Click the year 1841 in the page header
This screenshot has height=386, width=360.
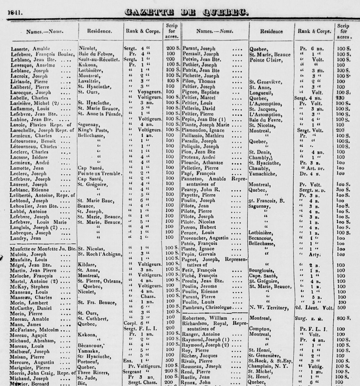[15, 13]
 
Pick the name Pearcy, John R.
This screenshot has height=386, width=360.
[200, 190]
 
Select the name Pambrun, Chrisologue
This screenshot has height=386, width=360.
[207, 308]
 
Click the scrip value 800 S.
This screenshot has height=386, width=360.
[344, 318]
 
